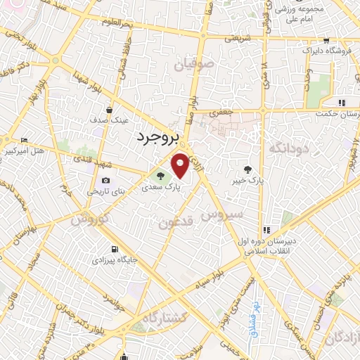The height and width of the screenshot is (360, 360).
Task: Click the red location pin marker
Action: (181, 165)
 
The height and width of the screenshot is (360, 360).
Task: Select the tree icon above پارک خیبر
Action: (247, 168)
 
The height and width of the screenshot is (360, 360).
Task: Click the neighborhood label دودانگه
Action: (287, 149)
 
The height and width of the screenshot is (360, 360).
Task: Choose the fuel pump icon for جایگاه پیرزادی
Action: (114, 249)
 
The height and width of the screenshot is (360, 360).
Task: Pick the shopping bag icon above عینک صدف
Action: (110, 110)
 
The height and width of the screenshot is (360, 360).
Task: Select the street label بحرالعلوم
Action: (137, 24)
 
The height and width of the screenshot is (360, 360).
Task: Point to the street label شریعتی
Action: (236, 39)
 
